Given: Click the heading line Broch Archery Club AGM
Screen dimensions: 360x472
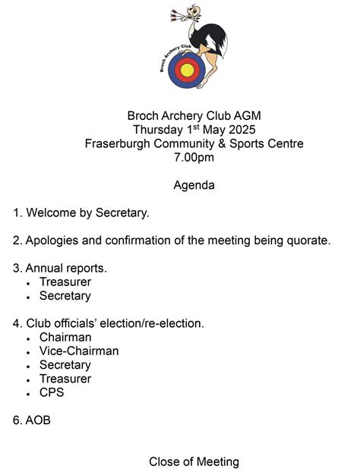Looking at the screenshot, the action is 194,116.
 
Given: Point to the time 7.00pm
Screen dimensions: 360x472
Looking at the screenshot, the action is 194,158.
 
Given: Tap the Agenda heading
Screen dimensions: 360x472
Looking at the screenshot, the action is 194,185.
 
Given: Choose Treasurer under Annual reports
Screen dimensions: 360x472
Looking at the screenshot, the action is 65,282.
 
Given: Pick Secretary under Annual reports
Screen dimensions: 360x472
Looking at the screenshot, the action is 65,296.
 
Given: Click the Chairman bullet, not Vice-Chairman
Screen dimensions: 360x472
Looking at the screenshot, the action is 65,337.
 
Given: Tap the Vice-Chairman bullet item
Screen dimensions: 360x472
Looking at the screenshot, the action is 79,351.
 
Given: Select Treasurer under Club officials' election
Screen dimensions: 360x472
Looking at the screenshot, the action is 65,379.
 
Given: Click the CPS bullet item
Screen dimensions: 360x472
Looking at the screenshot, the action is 52,392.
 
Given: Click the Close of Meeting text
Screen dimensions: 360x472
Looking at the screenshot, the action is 194,461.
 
